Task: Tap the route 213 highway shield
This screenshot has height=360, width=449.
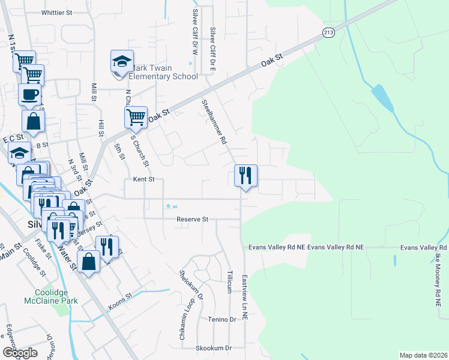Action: tap(328, 33)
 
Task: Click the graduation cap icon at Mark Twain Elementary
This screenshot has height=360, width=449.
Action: tap(121, 62)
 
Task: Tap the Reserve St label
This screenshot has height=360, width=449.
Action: tap(192, 220)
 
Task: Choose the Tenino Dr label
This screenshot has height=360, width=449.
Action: tap(223, 320)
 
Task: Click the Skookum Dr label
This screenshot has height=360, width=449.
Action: tap(213, 348)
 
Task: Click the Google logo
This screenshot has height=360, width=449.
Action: tap(19, 353)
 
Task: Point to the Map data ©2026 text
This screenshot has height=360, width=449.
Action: tap(424, 355)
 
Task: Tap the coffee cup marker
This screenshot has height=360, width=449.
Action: tap(29, 94)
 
